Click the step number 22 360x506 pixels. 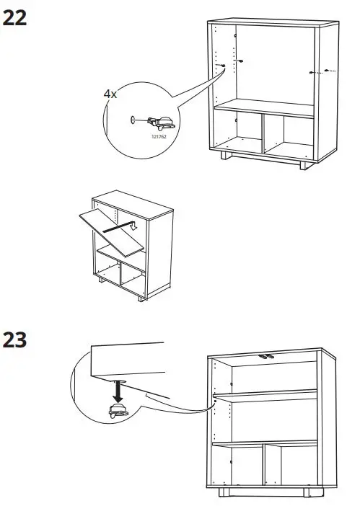pyautogui.click(x=16, y=19)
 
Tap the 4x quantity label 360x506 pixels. pyautogui.click(x=109, y=94)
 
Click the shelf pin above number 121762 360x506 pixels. pyautogui.click(x=159, y=122)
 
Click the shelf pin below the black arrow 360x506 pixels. pyautogui.click(x=115, y=412)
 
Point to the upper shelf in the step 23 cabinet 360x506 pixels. pyautogui.click(x=267, y=394)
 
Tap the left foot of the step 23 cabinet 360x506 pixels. pyautogui.click(x=227, y=492)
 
